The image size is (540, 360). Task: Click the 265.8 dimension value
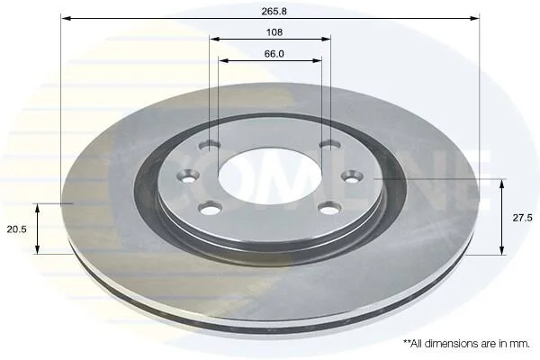click(x=274, y=12)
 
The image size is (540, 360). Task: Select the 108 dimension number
click(x=274, y=32)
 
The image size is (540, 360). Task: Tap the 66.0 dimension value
click(x=274, y=54)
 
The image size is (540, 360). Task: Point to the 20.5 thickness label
click(x=16, y=229)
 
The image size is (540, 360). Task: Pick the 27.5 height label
click(x=522, y=218)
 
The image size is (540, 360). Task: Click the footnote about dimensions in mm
click(x=466, y=344)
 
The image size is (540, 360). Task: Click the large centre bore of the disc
click(x=270, y=176)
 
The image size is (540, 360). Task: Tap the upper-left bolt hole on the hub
click(x=210, y=146)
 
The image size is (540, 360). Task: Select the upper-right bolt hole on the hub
click(x=330, y=146)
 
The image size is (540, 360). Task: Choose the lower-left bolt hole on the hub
click(x=210, y=208)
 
